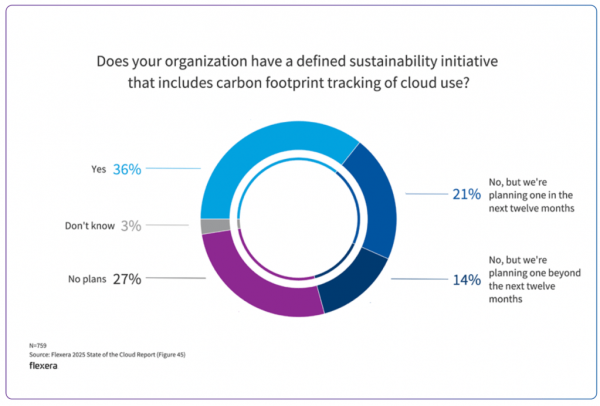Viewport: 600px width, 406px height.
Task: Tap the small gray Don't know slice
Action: (x=209, y=226)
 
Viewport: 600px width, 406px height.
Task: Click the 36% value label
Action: (x=128, y=169)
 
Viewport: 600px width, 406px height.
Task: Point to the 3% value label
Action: (x=131, y=226)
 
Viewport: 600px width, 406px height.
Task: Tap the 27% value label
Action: (x=126, y=279)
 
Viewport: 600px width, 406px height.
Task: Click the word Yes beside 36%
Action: (x=98, y=170)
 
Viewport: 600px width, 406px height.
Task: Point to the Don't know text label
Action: (x=87, y=226)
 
